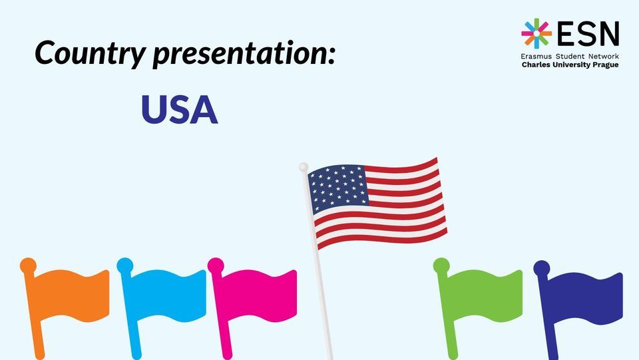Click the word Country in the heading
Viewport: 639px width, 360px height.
(89, 52)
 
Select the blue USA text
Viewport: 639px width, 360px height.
(180, 110)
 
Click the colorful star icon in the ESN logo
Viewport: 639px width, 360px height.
(536, 33)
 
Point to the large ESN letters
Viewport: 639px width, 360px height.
(588, 33)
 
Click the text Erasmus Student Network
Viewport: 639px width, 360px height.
(570, 57)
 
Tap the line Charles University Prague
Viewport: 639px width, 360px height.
(570, 66)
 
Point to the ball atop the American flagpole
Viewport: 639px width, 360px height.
(304, 166)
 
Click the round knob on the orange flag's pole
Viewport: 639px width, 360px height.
(28, 266)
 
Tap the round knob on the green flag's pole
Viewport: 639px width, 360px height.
(441, 266)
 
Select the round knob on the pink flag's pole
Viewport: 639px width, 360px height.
(216, 266)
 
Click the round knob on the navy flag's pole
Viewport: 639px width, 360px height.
(542, 268)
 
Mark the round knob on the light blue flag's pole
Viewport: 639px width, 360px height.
(124, 266)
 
